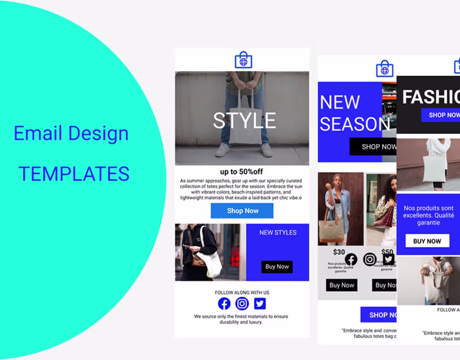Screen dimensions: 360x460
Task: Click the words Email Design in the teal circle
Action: [x=71, y=134]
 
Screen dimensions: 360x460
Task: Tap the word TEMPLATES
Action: [x=74, y=173]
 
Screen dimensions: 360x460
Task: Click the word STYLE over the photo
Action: [x=244, y=121]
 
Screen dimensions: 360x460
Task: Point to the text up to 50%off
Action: [x=242, y=172]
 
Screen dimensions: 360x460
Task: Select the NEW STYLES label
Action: [x=278, y=233]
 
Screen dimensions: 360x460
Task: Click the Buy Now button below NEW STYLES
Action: [x=277, y=267]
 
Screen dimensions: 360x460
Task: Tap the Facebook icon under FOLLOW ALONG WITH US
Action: [x=224, y=303]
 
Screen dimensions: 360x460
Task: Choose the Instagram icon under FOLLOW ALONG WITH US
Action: [x=242, y=303]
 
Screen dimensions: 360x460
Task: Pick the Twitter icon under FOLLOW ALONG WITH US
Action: [x=260, y=303]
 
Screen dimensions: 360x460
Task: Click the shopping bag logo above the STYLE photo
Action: [x=243, y=61]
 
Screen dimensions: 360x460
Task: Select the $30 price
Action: [x=339, y=252]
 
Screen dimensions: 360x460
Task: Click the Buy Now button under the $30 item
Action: [x=342, y=285]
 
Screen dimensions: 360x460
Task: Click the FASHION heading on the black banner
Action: [x=430, y=97]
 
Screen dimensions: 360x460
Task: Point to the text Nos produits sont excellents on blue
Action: [x=429, y=215]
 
